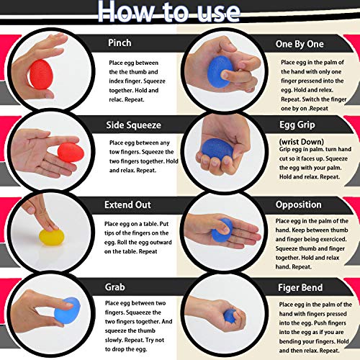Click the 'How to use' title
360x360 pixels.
pos(168,12)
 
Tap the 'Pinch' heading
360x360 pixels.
pos(120,42)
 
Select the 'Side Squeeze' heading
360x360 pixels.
pos(133,125)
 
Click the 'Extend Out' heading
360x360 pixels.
pos(127,204)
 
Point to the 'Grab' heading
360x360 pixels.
pos(114,287)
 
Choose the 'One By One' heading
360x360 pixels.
pos(300,44)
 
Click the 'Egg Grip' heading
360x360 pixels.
pos(297,125)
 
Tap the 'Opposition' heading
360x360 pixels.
pos(298,205)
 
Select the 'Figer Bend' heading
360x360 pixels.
pos(300,287)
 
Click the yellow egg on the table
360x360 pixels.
pos(52,237)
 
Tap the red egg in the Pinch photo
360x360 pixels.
pos(41,75)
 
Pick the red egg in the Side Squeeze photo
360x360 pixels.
pos(71,153)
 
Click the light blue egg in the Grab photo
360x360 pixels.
pos(67,310)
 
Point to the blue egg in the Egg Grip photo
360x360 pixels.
pos(217,149)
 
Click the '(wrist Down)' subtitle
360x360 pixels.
pos(301,142)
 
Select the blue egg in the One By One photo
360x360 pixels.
pos(220,71)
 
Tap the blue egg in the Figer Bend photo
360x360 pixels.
pos(230,315)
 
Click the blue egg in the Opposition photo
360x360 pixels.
pos(222,230)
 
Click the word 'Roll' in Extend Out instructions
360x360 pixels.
pos(122,242)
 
